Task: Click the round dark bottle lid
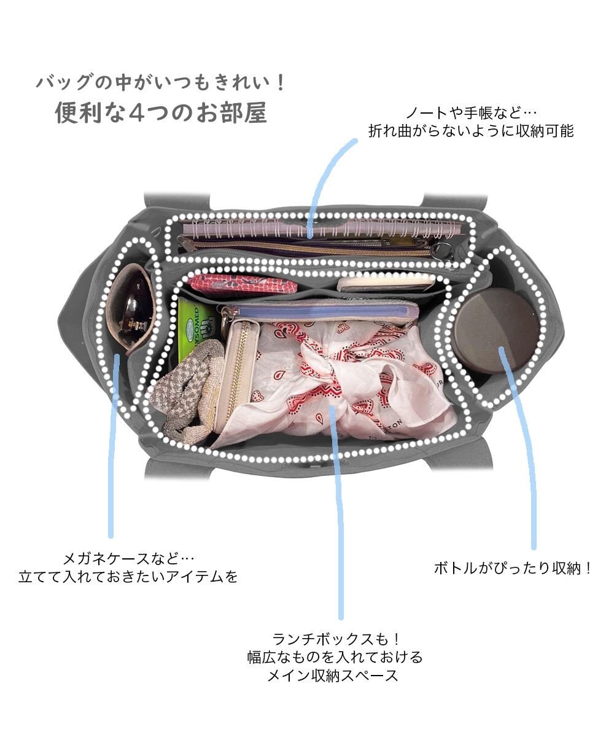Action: (497, 331)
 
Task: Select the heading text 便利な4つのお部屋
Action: (161, 113)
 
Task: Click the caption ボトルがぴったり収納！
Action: (513, 568)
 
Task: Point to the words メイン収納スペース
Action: (333, 676)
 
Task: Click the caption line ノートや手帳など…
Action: (471, 113)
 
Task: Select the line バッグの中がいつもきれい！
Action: (161, 82)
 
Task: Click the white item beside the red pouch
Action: (387, 282)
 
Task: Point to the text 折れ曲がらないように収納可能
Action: (471, 131)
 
